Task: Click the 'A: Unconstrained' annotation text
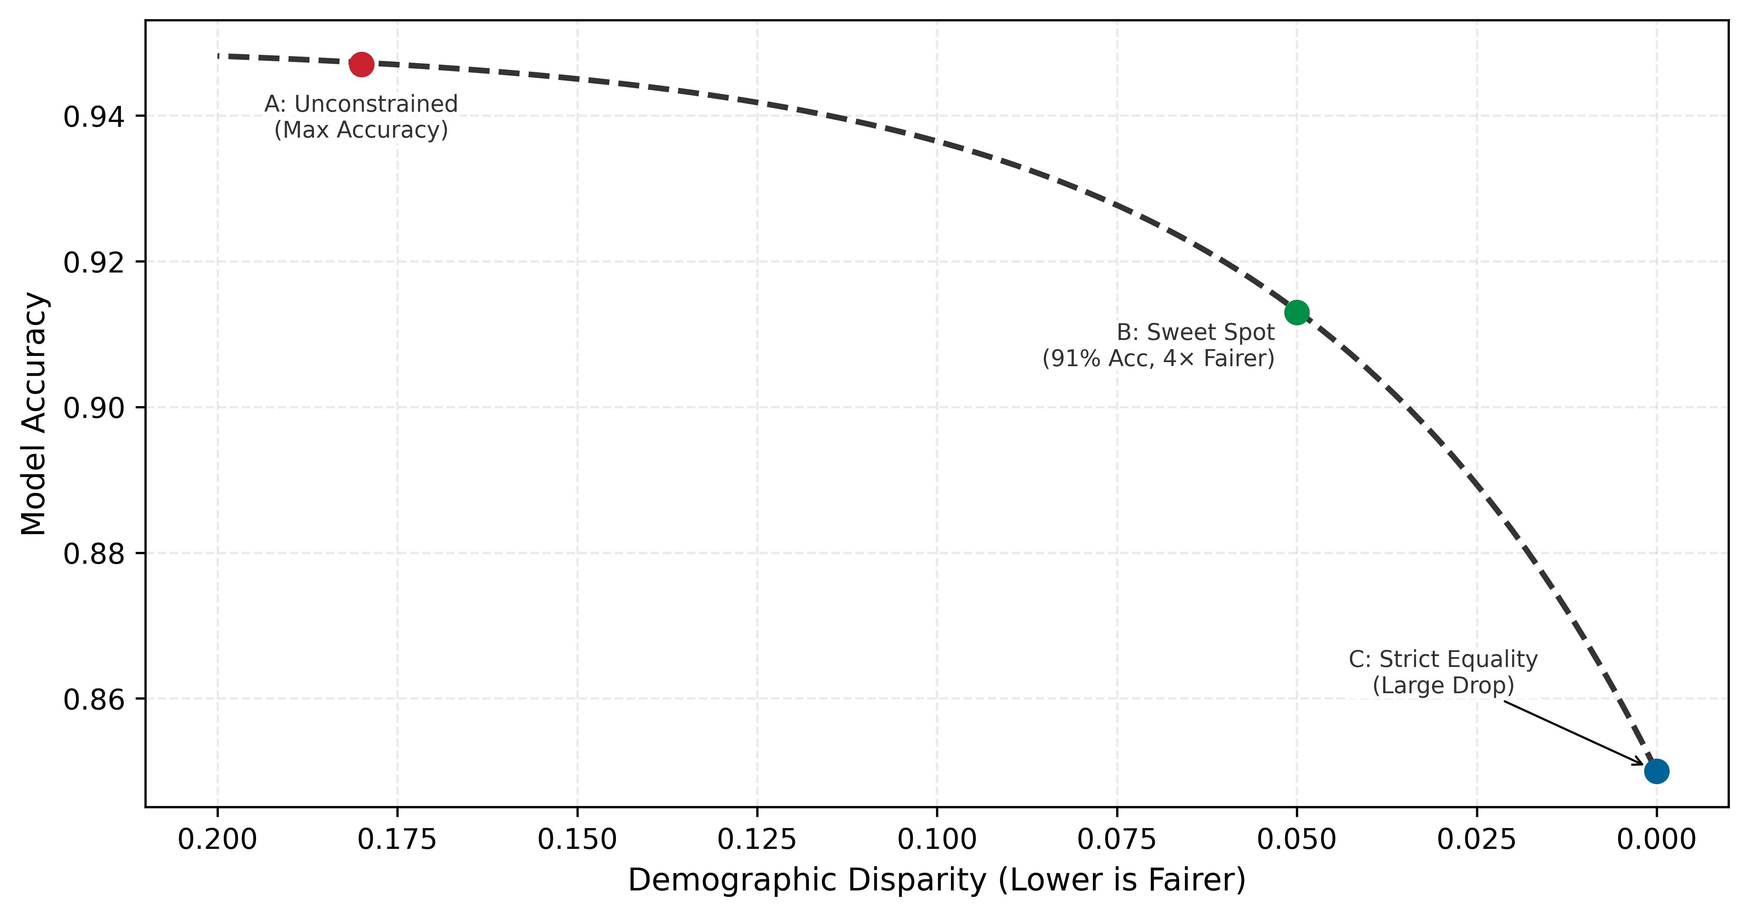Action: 361,104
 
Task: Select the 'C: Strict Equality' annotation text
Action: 1443,659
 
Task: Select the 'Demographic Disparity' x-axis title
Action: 937,880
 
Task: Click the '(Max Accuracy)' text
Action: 361,130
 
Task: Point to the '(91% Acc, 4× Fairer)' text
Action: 1158,358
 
